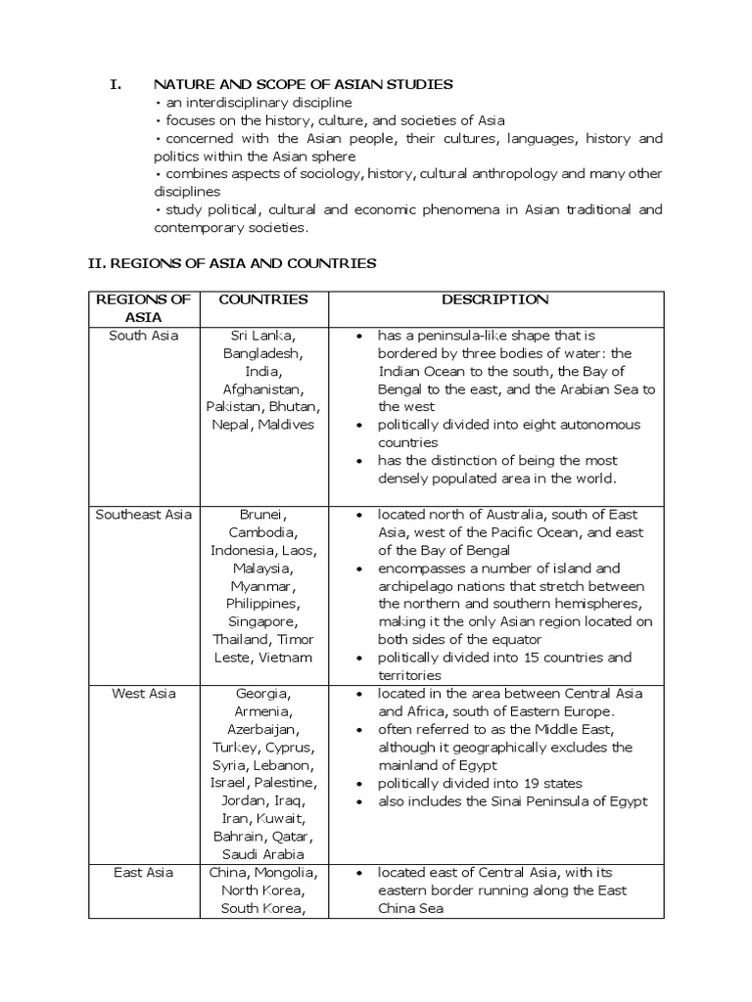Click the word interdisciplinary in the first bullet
click(x=227, y=103)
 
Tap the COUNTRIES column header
click(x=262, y=299)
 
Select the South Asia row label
click(x=144, y=336)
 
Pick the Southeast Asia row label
click(x=144, y=515)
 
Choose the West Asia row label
click(x=144, y=694)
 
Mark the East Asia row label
click(x=144, y=873)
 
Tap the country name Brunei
click(x=262, y=515)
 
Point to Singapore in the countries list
click(x=262, y=622)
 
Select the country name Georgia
click(x=262, y=694)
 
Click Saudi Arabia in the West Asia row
click(x=262, y=854)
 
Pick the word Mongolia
click(x=289, y=873)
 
